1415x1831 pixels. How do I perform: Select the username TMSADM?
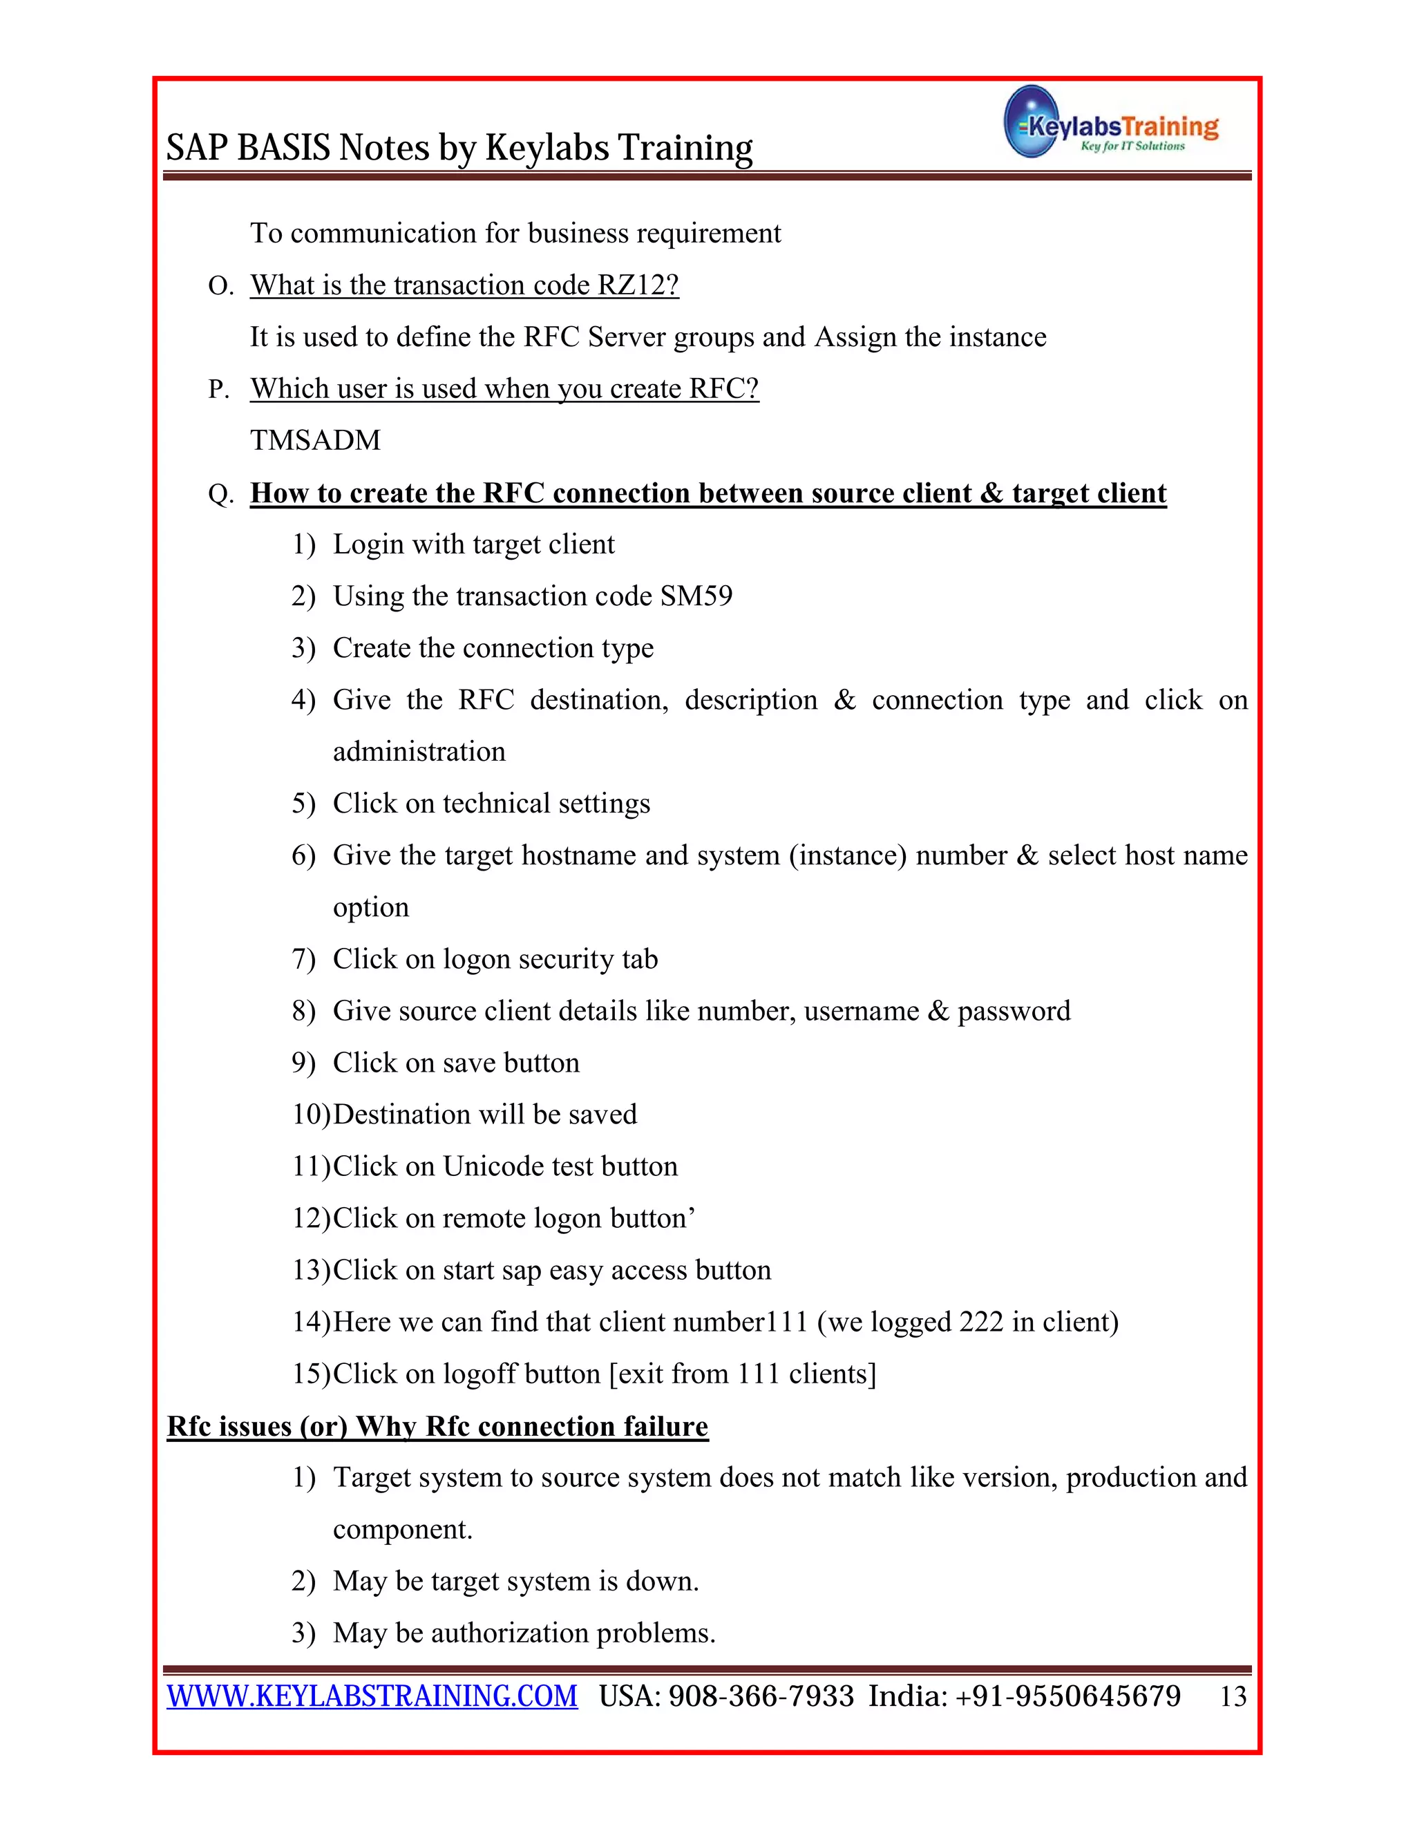(315, 440)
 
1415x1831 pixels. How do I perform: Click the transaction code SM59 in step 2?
(696, 596)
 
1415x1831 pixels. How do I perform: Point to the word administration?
(419, 752)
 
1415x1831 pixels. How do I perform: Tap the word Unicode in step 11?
(492, 1167)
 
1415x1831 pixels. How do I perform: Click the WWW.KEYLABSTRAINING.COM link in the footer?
(372, 1696)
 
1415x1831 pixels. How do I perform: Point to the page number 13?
(1233, 1697)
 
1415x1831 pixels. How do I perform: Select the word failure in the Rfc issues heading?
(665, 1427)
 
